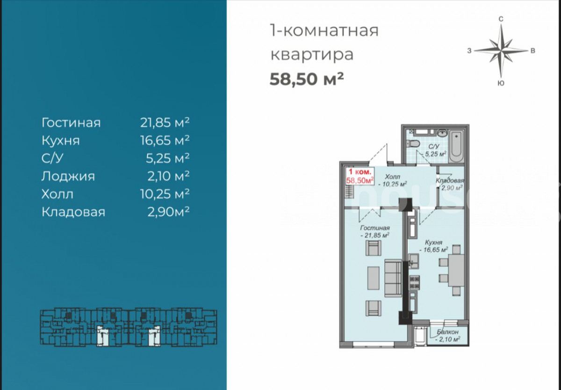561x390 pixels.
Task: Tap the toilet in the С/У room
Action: pos(413,144)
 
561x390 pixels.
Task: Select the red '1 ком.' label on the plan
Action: pos(360,172)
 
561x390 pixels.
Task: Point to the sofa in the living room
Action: pos(393,278)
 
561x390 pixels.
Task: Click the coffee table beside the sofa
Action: pos(373,278)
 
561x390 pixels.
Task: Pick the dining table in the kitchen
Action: pos(456,270)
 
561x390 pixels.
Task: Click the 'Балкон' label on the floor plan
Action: pos(447,332)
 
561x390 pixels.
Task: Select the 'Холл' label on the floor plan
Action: pos(393,177)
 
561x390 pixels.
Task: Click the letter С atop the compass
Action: pos(501,19)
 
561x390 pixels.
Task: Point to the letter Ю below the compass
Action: pos(501,83)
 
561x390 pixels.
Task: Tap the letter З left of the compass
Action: pos(469,51)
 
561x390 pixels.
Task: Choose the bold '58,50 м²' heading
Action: pos(307,79)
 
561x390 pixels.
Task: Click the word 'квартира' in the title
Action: pos(312,54)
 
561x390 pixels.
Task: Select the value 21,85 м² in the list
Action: pos(165,123)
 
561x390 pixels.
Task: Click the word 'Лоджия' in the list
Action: pos(68,176)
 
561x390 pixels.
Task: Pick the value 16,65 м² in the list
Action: pos(165,140)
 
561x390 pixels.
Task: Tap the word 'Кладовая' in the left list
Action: pos(73,212)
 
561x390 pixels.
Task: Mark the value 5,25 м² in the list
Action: pos(167,158)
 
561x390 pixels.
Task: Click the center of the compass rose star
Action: pos(501,51)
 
